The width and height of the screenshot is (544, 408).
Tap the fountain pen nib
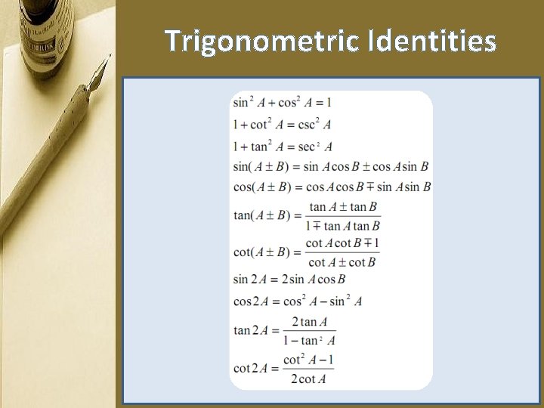97,74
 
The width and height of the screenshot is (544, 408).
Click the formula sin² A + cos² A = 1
282,102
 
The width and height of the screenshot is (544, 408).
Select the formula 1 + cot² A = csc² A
282,125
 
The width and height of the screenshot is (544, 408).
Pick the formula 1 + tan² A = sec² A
283,147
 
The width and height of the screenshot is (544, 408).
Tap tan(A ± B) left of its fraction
261,215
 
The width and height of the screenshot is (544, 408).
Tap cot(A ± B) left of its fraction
261,252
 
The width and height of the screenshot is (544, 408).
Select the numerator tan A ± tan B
342,206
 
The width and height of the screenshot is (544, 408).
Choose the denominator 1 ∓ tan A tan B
342,225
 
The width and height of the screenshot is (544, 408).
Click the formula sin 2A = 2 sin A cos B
289,280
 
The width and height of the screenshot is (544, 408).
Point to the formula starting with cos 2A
297,301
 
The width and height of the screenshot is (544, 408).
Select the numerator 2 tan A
309,322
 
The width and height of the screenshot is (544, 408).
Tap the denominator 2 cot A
308,379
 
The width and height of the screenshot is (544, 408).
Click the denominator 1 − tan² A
309,341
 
